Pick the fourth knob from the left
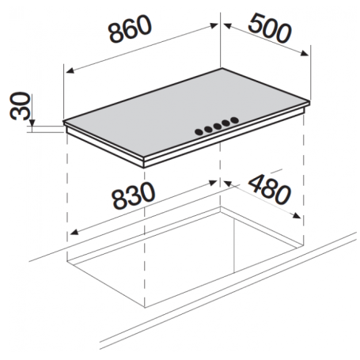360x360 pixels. pyautogui.click(x=226, y=124)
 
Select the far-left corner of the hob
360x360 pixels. pyautogui.click(x=63, y=123)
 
